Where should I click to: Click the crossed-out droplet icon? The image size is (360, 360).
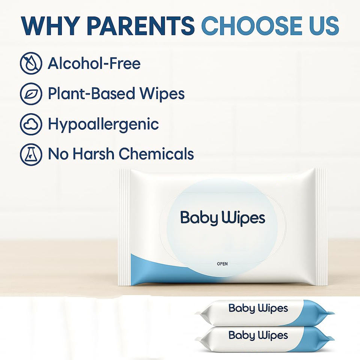(31, 63)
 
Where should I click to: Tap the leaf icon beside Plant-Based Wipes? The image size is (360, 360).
(31, 94)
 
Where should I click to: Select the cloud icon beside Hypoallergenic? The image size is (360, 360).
(31, 124)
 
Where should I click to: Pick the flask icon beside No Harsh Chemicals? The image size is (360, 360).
(31, 154)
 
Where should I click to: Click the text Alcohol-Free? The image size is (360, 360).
(94, 63)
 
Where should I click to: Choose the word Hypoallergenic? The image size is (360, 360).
(103, 124)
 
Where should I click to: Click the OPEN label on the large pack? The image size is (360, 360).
(222, 264)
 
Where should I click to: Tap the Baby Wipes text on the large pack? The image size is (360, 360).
(223, 218)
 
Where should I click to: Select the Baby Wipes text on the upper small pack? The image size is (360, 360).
(258, 308)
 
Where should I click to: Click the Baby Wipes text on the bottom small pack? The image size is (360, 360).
(258, 335)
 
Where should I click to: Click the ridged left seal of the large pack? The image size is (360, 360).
(124, 227)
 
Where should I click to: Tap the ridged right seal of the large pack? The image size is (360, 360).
(321, 227)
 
